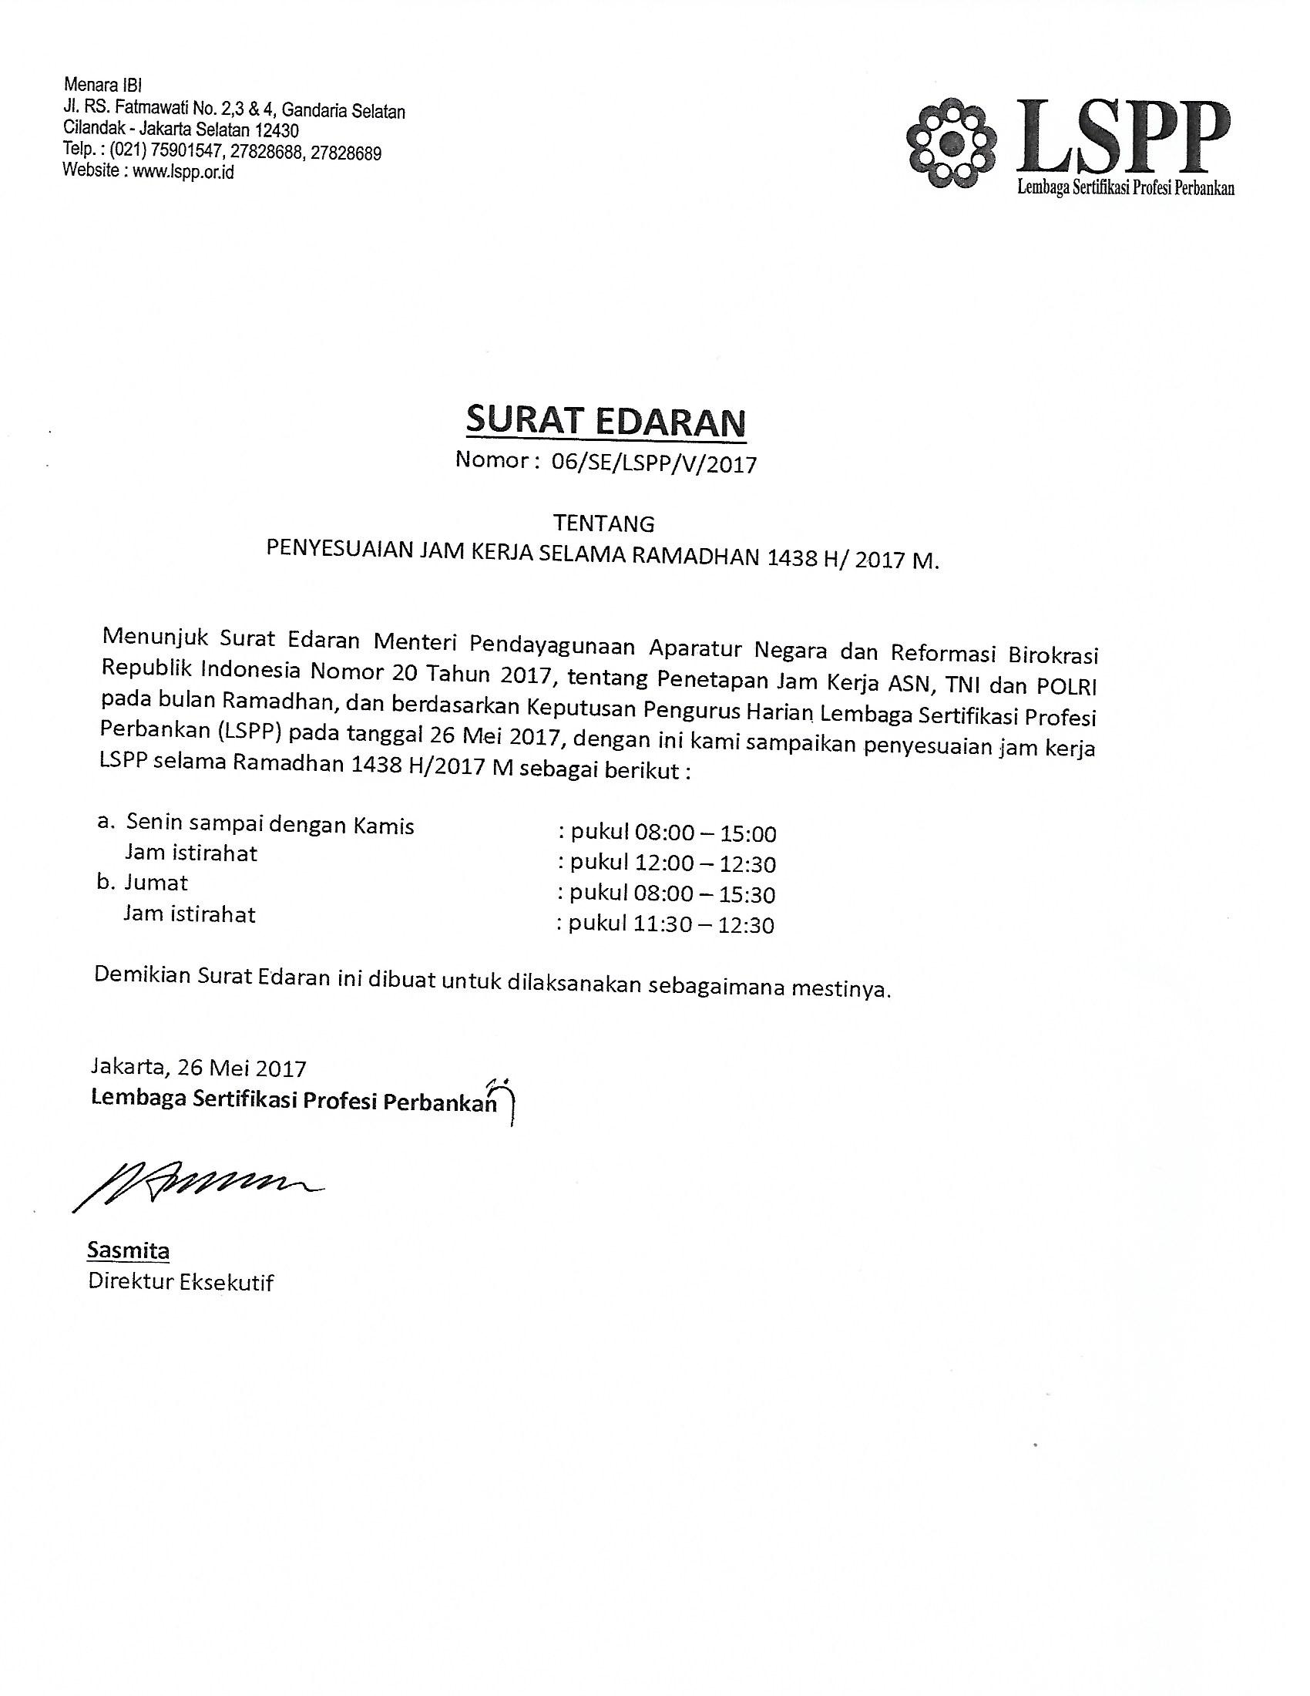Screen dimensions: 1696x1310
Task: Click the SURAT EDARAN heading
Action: click(606, 422)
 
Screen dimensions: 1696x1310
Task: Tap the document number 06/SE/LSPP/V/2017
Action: click(653, 463)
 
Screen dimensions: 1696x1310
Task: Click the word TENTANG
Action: click(604, 523)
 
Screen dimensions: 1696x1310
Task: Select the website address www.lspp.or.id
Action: click(183, 172)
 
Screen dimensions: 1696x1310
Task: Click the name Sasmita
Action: click(128, 1250)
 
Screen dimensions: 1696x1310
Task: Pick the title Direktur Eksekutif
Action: click(181, 1282)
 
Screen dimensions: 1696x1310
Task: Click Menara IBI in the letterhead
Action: click(102, 85)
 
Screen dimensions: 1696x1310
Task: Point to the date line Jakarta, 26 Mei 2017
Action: click(198, 1068)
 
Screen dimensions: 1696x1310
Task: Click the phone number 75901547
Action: click(186, 152)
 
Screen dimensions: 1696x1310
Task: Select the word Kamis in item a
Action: click(385, 826)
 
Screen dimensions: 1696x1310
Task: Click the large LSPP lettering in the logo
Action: click(1121, 136)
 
